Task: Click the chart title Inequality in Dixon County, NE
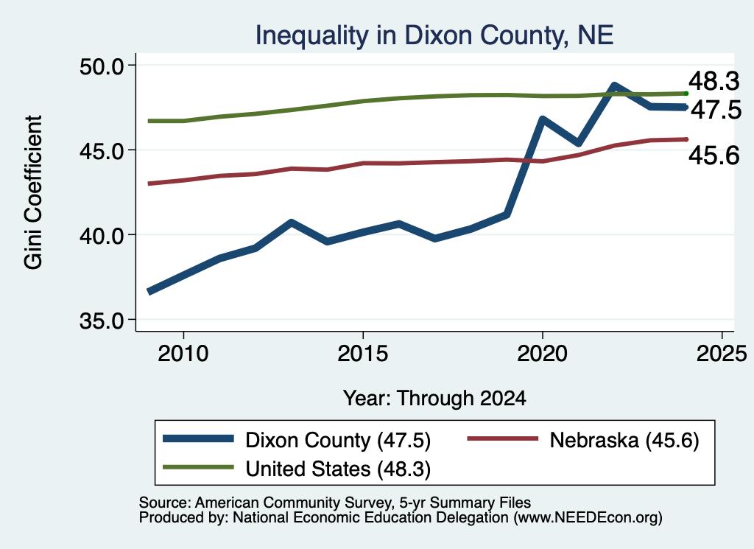[434, 35]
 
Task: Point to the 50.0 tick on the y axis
[101, 66]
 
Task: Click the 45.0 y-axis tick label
[101, 150]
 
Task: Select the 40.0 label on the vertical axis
[101, 236]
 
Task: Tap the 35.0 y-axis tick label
[101, 321]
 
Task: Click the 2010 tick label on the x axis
[183, 354]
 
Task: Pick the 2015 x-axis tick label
[362, 354]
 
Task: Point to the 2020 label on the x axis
[543, 354]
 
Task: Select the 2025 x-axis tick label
[722, 354]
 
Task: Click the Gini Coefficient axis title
[33, 192]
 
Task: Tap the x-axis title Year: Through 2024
[434, 399]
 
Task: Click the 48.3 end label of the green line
[714, 80]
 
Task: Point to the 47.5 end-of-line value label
[716, 110]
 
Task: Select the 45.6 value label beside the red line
[714, 155]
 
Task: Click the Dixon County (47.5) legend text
[338, 440]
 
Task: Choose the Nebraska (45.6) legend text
[624, 440]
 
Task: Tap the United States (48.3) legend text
[338, 469]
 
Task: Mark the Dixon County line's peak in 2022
[614, 86]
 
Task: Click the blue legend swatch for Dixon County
[198, 438]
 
